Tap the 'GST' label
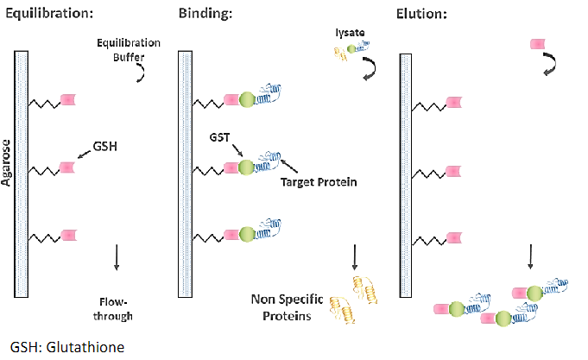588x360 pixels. coord(218,138)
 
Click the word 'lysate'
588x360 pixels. coord(349,32)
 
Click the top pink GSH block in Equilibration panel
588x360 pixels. coord(67,102)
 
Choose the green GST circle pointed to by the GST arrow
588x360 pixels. coord(247,167)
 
